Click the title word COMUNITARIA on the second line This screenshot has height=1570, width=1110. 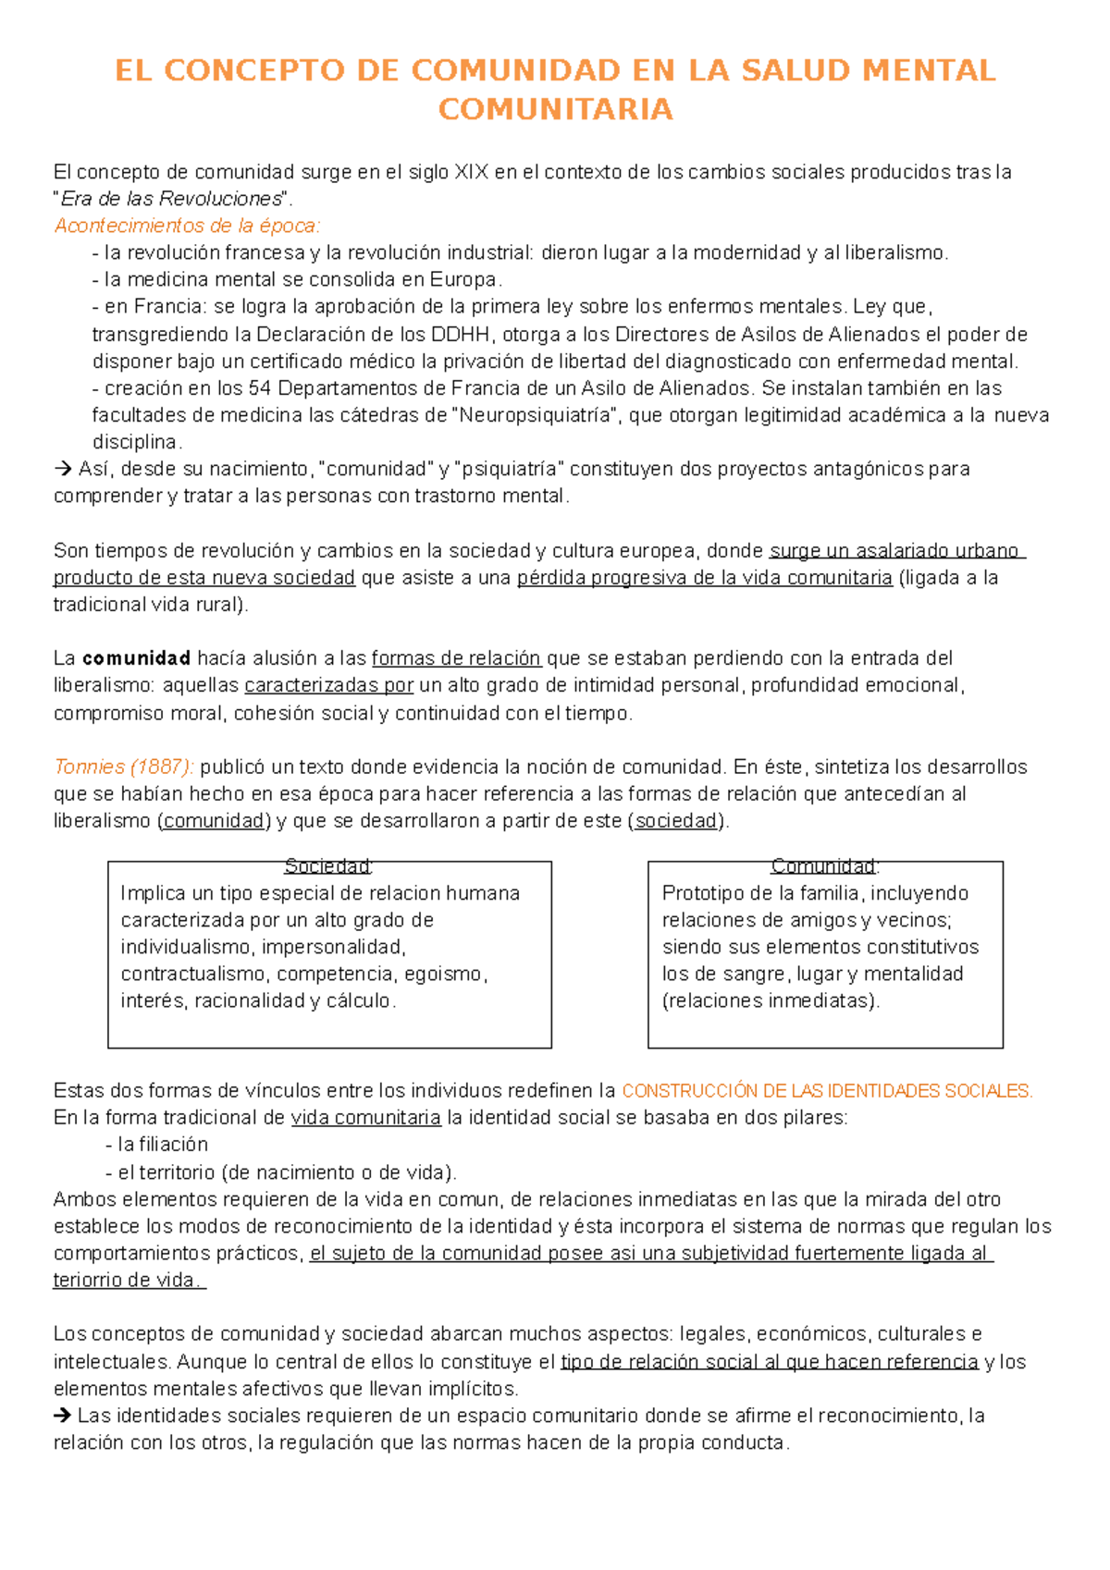click(555, 109)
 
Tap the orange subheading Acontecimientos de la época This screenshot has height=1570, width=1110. click(187, 226)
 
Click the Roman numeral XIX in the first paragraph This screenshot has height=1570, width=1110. click(471, 172)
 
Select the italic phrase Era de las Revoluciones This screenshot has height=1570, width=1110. click(171, 199)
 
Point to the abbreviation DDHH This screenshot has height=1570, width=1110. click(470, 334)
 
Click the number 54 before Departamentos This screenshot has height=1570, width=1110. click(260, 388)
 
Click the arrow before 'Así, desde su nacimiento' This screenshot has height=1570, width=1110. click(63, 469)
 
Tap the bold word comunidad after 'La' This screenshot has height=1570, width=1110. click(137, 658)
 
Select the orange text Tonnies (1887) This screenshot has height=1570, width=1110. click(123, 767)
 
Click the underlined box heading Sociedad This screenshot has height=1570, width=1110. click(327, 866)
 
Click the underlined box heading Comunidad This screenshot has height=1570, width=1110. click(823, 866)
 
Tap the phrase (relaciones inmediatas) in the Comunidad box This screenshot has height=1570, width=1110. click(771, 1000)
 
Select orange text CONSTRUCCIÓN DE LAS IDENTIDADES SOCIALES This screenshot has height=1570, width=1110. click(826, 1091)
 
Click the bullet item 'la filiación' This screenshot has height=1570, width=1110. click(162, 1145)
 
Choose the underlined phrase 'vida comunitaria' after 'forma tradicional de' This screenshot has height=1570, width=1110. click(365, 1118)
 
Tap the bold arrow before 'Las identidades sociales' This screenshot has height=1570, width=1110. click(63, 1416)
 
